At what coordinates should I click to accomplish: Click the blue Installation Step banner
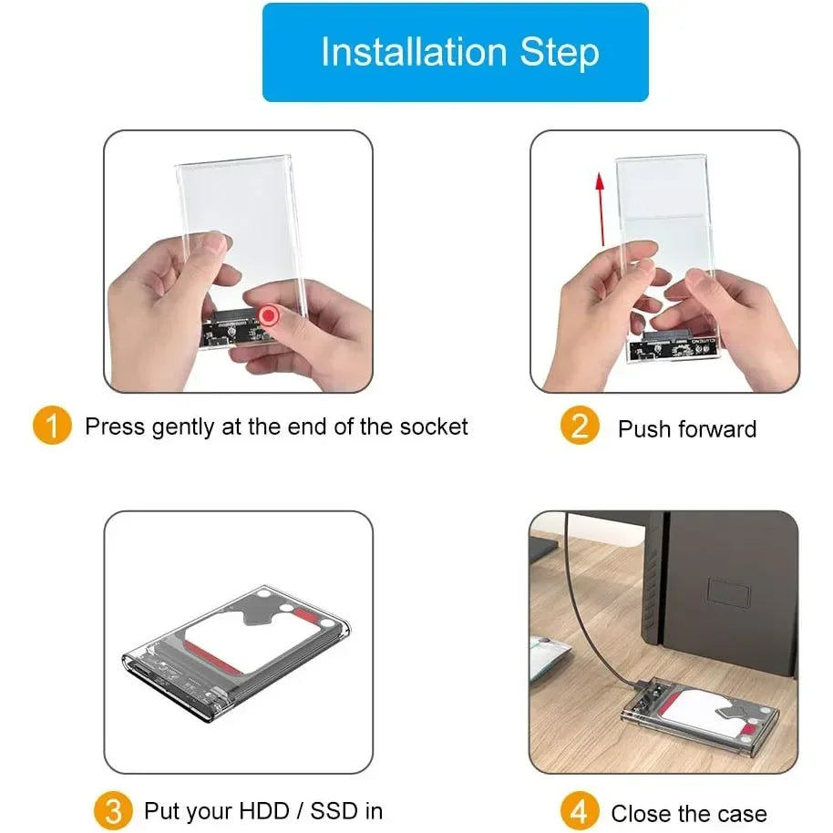click(455, 52)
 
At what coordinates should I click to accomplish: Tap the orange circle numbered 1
click(52, 427)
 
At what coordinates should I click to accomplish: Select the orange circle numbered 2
click(580, 427)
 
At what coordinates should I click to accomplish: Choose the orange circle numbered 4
click(580, 811)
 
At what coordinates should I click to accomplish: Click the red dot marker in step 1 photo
click(268, 316)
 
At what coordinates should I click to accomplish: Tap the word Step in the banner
click(560, 52)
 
